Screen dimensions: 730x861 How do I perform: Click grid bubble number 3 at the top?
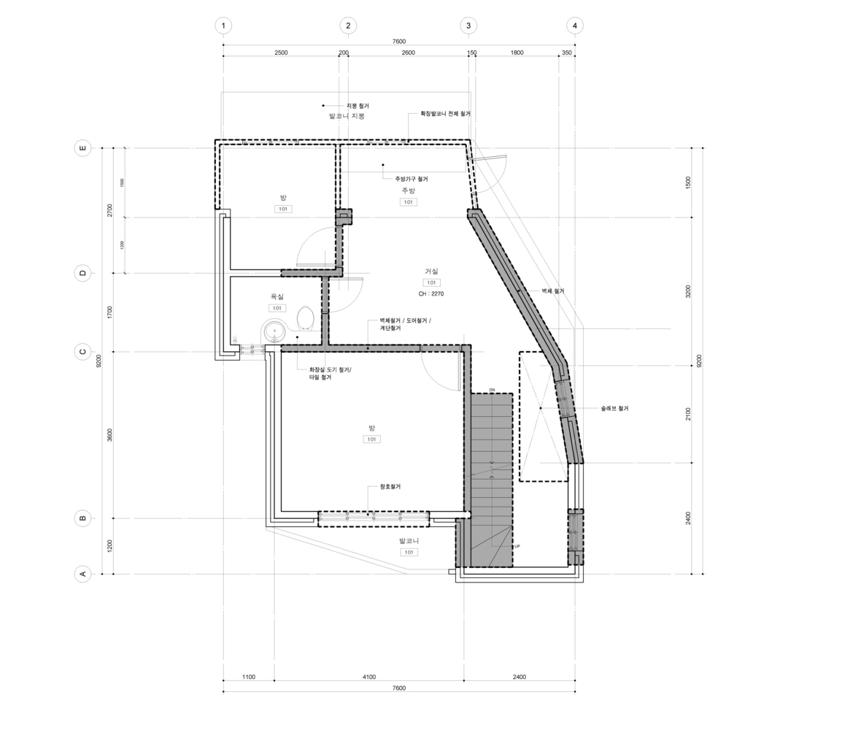point(468,26)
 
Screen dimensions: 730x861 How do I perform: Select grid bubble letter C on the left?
point(82,352)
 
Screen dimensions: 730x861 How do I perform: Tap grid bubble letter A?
point(82,574)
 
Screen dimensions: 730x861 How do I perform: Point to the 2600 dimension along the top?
point(408,53)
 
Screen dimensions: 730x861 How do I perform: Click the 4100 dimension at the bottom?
point(369,677)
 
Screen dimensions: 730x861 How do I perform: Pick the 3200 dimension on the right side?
point(688,291)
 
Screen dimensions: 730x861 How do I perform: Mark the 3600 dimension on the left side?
point(109,434)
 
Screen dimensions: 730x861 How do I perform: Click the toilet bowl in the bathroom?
point(306,318)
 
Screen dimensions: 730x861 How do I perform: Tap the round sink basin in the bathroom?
point(274,331)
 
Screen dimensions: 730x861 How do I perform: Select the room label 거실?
point(431,272)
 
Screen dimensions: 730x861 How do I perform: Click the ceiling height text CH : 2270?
point(431,293)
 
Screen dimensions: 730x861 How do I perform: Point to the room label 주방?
point(408,191)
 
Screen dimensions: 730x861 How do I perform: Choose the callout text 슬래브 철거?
point(614,409)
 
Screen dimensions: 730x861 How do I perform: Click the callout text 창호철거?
point(390,487)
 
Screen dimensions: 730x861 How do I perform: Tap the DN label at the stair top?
point(492,391)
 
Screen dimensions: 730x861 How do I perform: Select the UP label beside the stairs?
point(517,546)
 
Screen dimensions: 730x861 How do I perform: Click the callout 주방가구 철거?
point(412,179)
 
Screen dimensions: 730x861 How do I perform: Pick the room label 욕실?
point(277,296)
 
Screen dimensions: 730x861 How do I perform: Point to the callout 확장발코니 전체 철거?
point(444,114)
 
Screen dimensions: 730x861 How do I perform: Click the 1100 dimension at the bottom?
point(249,677)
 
